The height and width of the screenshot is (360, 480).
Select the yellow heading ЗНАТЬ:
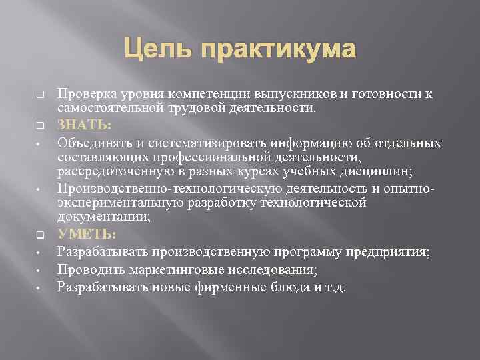pos(84,125)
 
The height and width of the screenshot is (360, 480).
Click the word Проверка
pos(85,94)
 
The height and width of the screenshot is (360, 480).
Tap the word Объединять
pos(92,143)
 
